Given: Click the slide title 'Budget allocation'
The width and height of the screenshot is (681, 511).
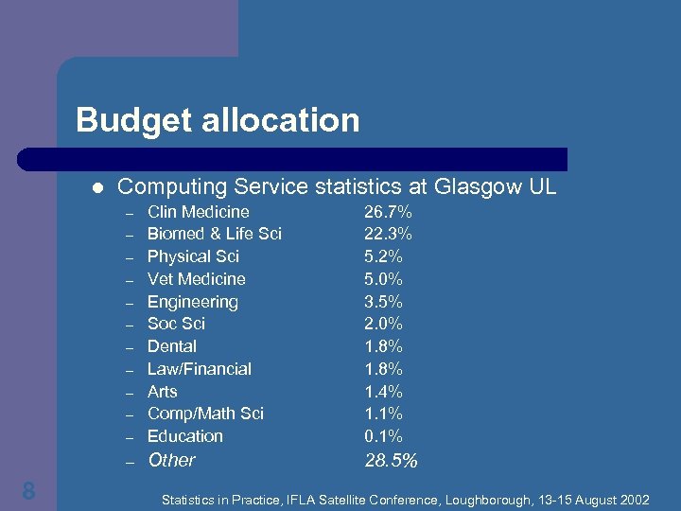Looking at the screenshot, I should pyautogui.click(x=218, y=120).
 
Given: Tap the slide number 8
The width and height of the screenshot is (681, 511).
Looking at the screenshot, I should pyautogui.click(x=29, y=490).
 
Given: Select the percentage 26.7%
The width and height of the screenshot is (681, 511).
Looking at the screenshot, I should pyautogui.click(x=388, y=212).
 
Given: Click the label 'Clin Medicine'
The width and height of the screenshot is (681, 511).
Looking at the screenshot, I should pyautogui.click(x=198, y=212).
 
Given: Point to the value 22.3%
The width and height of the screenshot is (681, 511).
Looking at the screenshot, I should pyautogui.click(x=388, y=234).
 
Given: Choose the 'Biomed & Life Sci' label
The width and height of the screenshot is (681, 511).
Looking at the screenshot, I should pyautogui.click(x=214, y=234).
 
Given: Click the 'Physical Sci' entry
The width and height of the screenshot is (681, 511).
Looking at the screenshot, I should pyautogui.click(x=193, y=256).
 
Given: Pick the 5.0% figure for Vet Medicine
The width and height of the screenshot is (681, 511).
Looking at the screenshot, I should pyautogui.click(x=383, y=279).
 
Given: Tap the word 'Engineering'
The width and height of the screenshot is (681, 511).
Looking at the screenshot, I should pyautogui.click(x=192, y=302).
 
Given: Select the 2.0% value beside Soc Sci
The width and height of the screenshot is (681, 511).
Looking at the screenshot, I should pyautogui.click(x=383, y=324).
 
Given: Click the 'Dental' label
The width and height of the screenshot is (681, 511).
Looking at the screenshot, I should pyautogui.click(x=172, y=346).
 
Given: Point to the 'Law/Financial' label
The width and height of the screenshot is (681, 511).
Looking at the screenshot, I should pyautogui.click(x=199, y=369).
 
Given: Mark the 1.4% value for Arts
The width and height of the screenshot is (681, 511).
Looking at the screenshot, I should pyautogui.click(x=383, y=392).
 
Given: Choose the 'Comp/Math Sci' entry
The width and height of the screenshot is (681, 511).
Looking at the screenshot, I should pyautogui.click(x=205, y=414).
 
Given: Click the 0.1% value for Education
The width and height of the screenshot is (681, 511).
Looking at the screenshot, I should pyautogui.click(x=383, y=436).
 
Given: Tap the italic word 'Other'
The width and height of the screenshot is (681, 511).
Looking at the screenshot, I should pyautogui.click(x=171, y=460).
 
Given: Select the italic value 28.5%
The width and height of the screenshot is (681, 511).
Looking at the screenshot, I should pyautogui.click(x=391, y=461).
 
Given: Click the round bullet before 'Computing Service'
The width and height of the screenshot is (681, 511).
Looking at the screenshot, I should pyautogui.click(x=95, y=186).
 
